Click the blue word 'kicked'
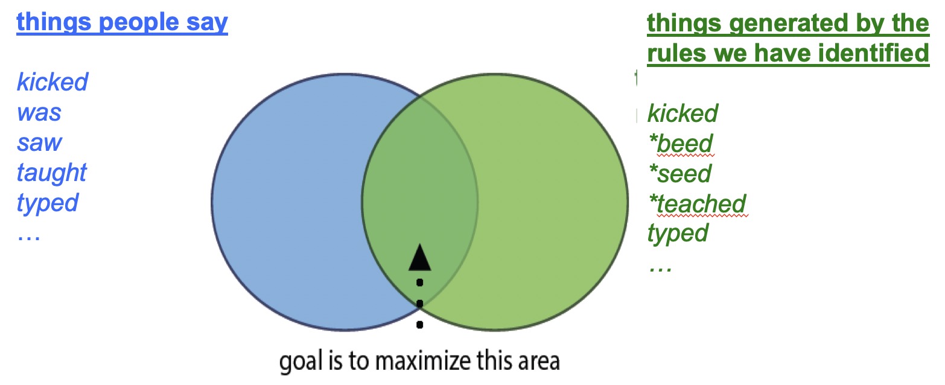(x=52, y=81)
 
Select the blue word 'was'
(x=39, y=113)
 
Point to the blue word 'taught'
(x=51, y=173)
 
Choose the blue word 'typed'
(x=47, y=203)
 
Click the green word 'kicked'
(x=682, y=113)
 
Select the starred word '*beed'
(x=681, y=144)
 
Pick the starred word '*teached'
(x=698, y=204)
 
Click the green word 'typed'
(x=678, y=234)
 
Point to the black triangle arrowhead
(x=420, y=257)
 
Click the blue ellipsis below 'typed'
(x=29, y=239)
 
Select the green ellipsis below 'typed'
(x=660, y=269)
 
